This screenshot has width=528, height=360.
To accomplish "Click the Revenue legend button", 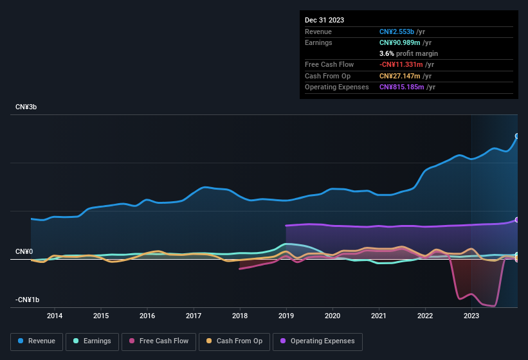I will click(x=37, y=341).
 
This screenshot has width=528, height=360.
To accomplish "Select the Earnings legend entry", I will click(x=92, y=341).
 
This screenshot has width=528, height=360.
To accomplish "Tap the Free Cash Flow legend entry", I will click(x=159, y=341).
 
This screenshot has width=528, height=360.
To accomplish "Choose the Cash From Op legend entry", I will click(x=234, y=341).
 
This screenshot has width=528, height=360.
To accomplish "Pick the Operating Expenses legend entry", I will click(x=318, y=341).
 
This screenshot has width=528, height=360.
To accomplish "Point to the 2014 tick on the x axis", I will click(x=55, y=316).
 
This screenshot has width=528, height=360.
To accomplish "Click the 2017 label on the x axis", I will click(x=194, y=316).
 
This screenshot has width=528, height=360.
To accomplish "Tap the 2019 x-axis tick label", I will click(x=286, y=316).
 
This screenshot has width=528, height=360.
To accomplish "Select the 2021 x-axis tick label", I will click(x=379, y=316).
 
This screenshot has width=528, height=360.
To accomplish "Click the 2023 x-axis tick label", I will click(x=471, y=316).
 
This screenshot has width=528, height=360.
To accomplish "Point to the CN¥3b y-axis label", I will click(x=26, y=107).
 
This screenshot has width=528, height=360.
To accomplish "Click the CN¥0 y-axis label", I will click(x=24, y=251).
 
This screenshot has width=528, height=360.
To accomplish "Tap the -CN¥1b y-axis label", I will click(x=28, y=300).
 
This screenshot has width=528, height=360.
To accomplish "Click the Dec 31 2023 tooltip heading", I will click(x=324, y=20).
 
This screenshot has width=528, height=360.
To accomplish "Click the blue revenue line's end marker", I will click(x=517, y=136).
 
